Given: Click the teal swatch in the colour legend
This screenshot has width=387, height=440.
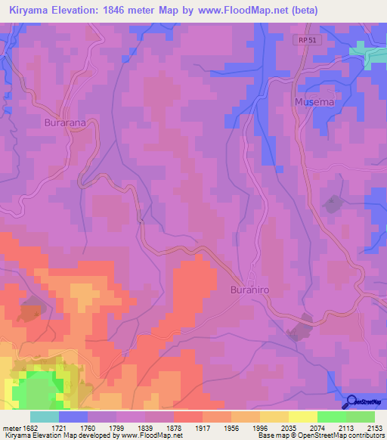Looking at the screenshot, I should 45,417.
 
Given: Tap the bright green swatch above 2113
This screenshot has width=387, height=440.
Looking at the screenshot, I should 332,417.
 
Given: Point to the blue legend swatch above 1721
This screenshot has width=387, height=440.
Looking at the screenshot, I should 73,417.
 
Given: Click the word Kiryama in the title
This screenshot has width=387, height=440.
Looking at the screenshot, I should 31,10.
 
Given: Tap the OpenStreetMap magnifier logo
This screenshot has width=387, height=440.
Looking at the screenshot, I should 350,401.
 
